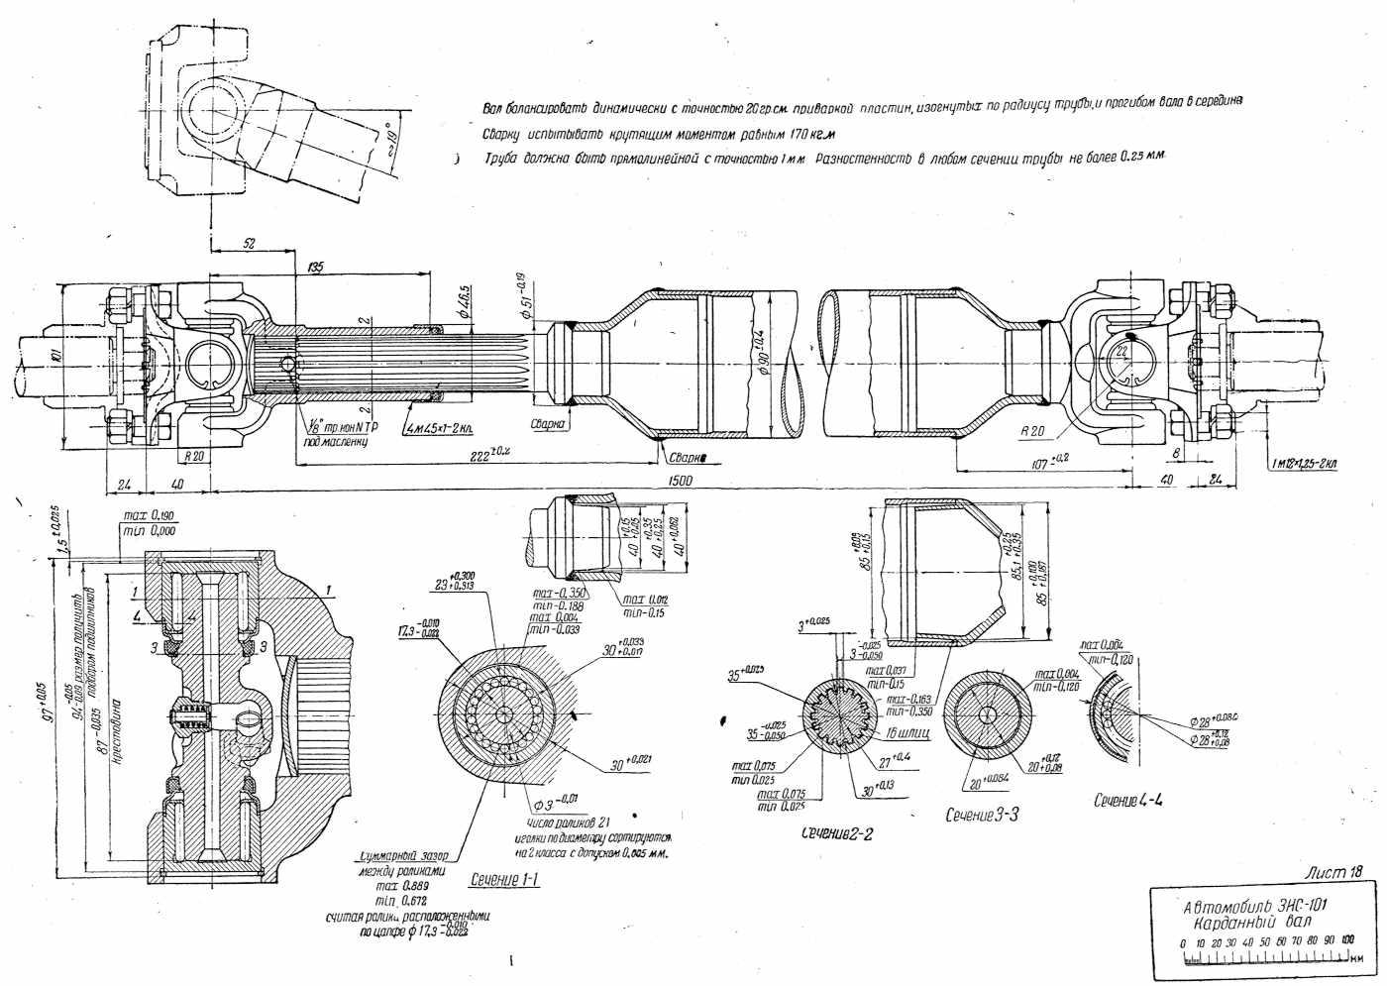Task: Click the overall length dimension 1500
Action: pyautogui.click(x=681, y=481)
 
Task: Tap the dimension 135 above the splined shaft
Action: pyautogui.click(x=317, y=267)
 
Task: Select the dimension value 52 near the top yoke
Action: pyautogui.click(x=248, y=243)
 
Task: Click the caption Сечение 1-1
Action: pyautogui.click(x=504, y=878)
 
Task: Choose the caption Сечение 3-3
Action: pyautogui.click(x=982, y=815)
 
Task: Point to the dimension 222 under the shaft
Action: pyautogui.click(x=487, y=452)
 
